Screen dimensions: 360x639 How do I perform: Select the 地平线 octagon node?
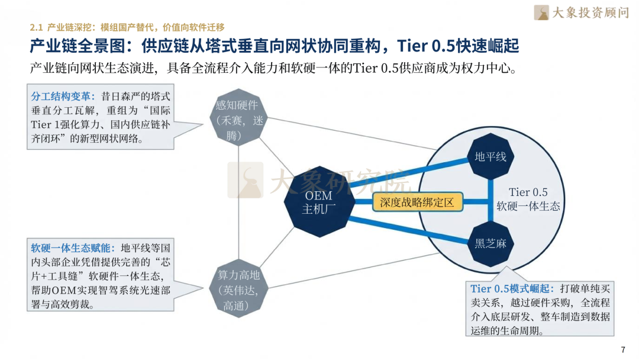[x=491, y=157]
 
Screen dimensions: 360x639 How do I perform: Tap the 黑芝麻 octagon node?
[x=491, y=243]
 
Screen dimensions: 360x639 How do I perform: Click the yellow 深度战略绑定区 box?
[x=417, y=202]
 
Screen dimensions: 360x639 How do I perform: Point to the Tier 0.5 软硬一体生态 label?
[x=528, y=200]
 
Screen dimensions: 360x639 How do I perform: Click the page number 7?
[x=622, y=349]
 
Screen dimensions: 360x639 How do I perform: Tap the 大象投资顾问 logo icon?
[x=541, y=12]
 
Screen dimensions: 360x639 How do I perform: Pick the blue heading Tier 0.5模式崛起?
[x=512, y=289]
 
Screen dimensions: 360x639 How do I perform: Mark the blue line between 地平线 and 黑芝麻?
[x=491, y=200]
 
